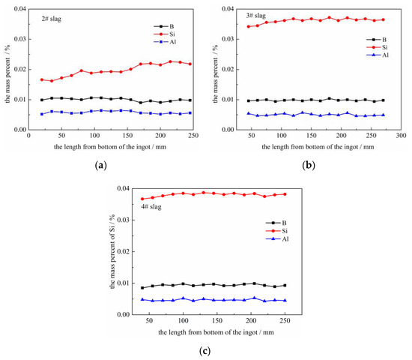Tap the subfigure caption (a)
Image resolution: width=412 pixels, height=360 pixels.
click(100, 164)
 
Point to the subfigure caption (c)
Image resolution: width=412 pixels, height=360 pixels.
click(206, 349)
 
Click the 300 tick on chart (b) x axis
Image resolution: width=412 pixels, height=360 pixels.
click(401, 137)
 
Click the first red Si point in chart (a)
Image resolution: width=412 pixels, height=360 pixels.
click(21, 79)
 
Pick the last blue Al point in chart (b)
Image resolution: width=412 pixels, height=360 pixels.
click(383, 115)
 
